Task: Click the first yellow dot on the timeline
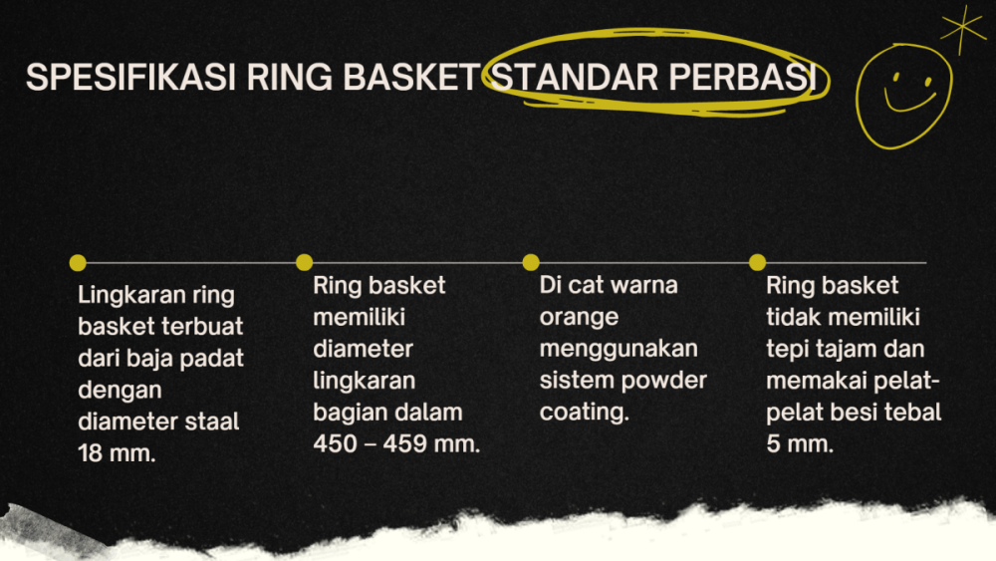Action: coord(78,263)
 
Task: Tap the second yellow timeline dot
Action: coord(305,263)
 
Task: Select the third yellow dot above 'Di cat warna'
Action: coord(531,263)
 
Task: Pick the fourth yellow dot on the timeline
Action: coord(757,263)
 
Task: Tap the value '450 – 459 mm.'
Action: coord(396,444)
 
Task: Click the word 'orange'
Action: coord(579,317)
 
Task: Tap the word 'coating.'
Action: coord(585,413)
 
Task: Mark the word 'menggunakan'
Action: coord(619,349)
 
